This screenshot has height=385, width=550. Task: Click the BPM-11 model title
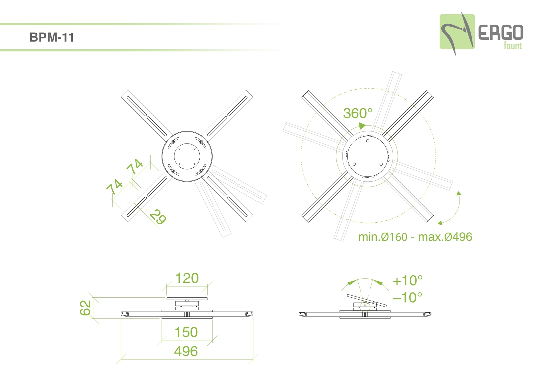click(52, 37)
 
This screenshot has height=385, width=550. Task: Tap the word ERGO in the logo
click(501, 33)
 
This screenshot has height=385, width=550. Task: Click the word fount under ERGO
click(513, 46)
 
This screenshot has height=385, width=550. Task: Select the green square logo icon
click(457, 32)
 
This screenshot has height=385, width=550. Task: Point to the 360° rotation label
click(358, 113)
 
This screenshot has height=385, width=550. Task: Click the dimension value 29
click(158, 217)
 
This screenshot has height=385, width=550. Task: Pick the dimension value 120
click(187, 278)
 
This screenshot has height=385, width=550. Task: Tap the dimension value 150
click(186, 332)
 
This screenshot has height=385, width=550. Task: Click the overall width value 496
click(186, 351)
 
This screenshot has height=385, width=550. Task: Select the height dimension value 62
click(85, 308)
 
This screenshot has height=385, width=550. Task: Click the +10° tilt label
click(408, 281)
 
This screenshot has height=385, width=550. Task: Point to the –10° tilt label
click(407, 298)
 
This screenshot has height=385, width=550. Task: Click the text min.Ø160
click(383, 237)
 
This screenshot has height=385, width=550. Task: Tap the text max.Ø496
click(445, 237)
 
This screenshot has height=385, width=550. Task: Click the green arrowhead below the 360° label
click(362, 126)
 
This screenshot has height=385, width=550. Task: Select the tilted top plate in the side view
click(367, 300)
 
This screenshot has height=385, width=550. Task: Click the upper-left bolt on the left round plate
click(173, 142)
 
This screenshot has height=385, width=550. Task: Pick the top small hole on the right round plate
click(368, 141)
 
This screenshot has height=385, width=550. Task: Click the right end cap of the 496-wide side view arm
click(250, 314)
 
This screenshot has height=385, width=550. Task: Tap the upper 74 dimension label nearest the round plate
click(135, 166)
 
